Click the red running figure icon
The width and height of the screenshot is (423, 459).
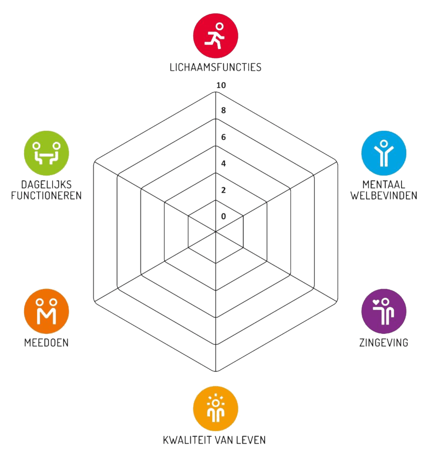216,36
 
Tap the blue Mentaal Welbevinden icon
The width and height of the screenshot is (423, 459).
384,153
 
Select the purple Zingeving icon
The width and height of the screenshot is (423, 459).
384,311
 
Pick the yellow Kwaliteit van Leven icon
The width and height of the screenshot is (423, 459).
216,408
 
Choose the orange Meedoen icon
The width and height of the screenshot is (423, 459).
46,311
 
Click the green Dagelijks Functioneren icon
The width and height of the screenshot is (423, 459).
46,153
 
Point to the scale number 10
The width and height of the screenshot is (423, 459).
221,85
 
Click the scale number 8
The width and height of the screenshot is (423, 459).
223,110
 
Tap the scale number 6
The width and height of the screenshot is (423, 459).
223,137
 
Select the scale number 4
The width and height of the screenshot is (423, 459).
223,164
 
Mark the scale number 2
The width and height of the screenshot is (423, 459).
223,190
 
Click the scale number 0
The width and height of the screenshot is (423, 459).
223,217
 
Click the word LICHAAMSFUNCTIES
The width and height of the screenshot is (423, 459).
216,67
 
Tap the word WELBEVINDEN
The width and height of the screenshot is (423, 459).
384,195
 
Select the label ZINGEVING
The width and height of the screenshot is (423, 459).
384,342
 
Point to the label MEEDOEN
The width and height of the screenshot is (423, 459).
46,342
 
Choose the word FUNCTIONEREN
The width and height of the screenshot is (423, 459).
46,195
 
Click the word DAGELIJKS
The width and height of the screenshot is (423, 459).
46,185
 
